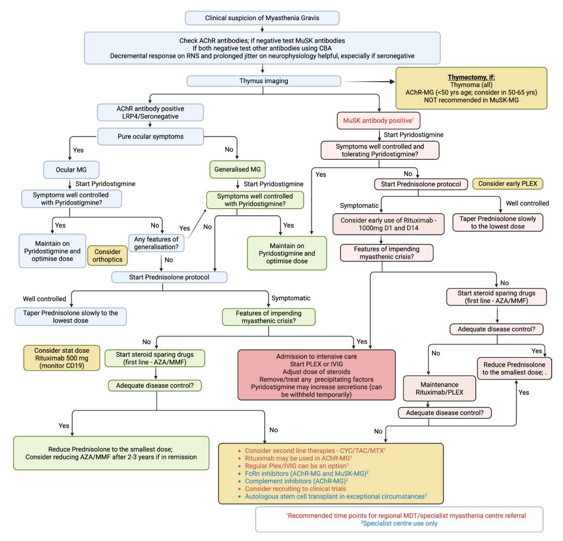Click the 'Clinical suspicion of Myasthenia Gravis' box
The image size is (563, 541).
(262, 18)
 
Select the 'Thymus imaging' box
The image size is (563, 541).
(263, 81)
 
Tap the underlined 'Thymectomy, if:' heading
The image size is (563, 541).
(471, 77)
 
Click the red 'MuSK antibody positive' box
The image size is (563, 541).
(379, 121)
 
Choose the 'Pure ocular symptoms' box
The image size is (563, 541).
(151, 137)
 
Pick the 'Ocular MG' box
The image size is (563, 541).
(71, 170)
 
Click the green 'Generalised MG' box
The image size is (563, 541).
(237, 170)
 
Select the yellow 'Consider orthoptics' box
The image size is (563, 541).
(107, 256)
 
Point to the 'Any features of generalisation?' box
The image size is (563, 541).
(156, 243)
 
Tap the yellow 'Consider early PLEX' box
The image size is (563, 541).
(508, 184)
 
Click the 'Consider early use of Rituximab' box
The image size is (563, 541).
(388, 225)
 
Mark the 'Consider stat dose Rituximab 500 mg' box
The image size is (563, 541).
(62, 358)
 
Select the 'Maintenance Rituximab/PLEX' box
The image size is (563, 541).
(440, 388)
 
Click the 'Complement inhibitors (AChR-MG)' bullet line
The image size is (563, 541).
(296, 481)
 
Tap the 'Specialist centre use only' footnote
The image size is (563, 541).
(399, 524)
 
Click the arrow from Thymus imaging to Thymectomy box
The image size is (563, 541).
(369, 82)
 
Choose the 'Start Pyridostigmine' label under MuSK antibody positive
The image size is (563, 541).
(413, 135)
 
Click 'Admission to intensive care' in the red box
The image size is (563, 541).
(317, 357)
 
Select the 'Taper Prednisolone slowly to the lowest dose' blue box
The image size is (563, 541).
(70, 316)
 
